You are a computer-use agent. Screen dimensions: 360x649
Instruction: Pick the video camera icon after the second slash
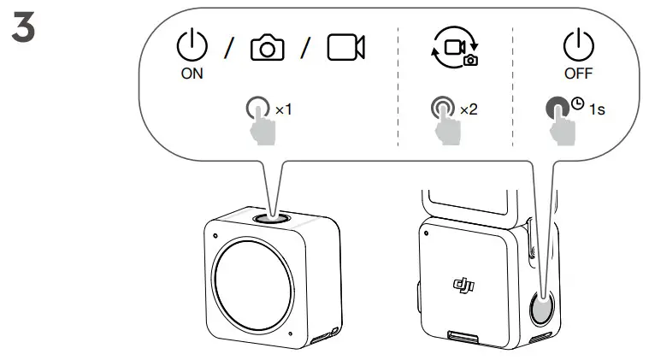click(x=345, y=49)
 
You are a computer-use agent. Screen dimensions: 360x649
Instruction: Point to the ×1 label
click(x=283, y=109)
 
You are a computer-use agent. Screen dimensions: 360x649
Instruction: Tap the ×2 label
click(x=469, y=109)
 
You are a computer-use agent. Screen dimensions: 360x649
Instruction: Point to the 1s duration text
click(x=596, y=109)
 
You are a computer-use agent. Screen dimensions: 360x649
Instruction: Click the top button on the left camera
click(x=271, y=218)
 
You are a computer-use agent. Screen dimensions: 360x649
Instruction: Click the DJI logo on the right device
click(x=463, y=284)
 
